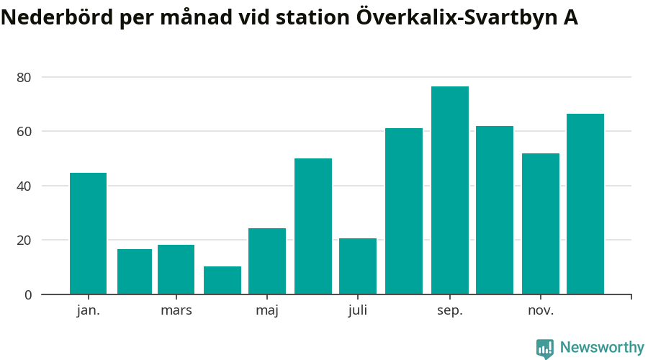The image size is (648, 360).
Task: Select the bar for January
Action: click(88, 233)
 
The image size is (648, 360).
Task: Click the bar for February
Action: click(135, 271)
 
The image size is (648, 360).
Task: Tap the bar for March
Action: click(176, 269)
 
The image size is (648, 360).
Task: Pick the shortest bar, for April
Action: click(222, 280)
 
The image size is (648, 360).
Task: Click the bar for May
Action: click(267, 261)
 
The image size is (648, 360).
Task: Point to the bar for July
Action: click(358, 266)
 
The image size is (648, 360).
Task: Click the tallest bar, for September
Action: click(450, 190)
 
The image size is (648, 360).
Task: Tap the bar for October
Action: click(495, 210)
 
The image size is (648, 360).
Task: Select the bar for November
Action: click(541, 223)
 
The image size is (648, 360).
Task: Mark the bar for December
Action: click(585, 204)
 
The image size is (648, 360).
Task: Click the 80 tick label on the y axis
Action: click(24, 77)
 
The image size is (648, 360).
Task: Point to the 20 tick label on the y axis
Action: click(24, 240)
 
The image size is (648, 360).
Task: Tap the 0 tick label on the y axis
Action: click(28, 294)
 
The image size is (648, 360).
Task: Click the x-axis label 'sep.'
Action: click(450, 310)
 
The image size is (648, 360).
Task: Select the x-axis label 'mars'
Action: click(176, 310)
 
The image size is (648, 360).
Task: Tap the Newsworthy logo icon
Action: click(545, 348)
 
